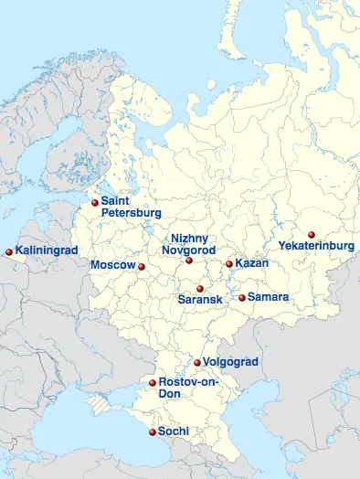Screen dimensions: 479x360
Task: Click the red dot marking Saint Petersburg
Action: tap(94, 202)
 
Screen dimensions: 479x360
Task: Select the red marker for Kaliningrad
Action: tap(9, 251)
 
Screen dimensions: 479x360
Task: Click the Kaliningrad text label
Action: tap(47, 250)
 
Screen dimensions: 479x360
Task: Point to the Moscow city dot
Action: tap(141, 267)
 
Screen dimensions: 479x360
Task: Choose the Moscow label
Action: tap(112, 265)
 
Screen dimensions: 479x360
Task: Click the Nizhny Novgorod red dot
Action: tap(189, 261)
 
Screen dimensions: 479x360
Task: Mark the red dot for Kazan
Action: tap(229, 264)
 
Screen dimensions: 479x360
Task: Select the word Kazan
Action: tap(252, 263)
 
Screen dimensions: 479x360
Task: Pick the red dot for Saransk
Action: tap(199, 289)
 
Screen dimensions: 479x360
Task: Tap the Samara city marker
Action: tap(241, 297)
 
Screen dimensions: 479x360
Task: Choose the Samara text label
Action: tap(268, 297)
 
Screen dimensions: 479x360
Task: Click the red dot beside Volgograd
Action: tap(197, 363)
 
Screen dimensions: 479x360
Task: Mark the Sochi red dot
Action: tap(152, 431)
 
